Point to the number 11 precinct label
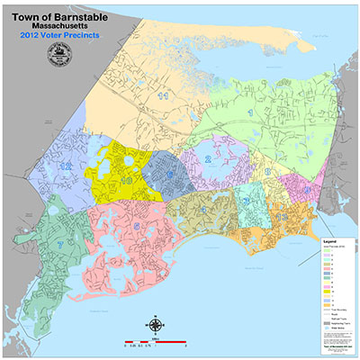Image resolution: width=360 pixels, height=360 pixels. point(163,94)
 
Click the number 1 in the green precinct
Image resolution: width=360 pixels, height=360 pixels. point(248,112)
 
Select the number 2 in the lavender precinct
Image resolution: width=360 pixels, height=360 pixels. point(209,159)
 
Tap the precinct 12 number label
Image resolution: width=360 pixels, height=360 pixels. point(66,166)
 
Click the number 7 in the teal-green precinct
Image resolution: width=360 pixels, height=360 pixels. point(59,244)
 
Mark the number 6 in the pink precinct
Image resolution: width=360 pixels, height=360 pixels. point(136,227)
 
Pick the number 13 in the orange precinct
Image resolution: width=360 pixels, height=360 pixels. point(283,218)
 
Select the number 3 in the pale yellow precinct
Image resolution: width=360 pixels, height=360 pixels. point(267,170)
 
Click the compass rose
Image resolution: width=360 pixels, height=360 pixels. point(156,325)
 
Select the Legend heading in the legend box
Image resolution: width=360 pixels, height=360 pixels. point(331,242)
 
